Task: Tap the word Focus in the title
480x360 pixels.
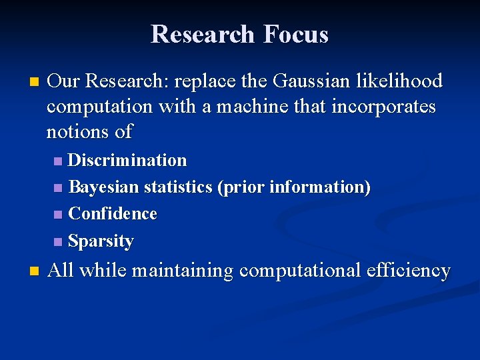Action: [x=296, y=34]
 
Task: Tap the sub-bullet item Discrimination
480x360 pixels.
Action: [x=127, y=161]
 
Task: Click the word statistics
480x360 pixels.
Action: [x=178, y=187]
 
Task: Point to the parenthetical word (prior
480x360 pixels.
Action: [x=241, y=187]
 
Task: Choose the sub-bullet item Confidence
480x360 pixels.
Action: [x=113, y=214]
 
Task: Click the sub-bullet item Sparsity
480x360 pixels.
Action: [x=101, y=241]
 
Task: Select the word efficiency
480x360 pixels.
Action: [x=408, y=271]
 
